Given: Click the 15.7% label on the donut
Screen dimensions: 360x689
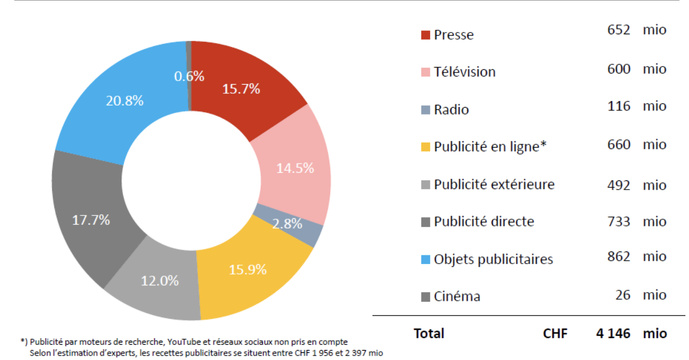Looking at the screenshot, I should [242, 89].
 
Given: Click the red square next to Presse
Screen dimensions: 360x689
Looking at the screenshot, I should [426, 35].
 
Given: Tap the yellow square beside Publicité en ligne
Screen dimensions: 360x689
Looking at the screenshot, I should [426, 146].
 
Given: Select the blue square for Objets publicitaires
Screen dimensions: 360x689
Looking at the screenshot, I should [426, 258].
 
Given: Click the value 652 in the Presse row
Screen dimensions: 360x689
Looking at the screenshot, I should [618, 31].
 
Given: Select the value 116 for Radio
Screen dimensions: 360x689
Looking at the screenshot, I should [618, 105].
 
